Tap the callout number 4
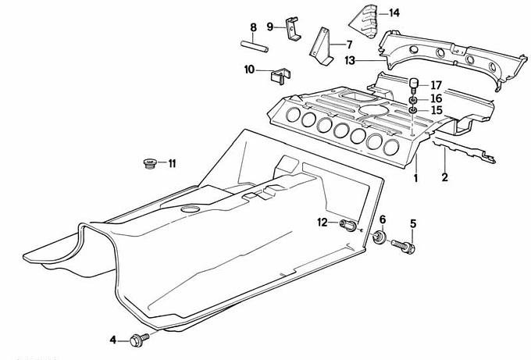click(113, 340)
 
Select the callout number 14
click(394, 13)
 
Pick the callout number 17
click(436, 85)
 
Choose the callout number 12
click(322, 224)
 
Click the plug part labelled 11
click(148, 164)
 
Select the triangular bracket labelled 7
click(323, 47)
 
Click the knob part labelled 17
click(415, 84)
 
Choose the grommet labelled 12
click(348, 226)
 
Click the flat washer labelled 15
click(413, 111)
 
